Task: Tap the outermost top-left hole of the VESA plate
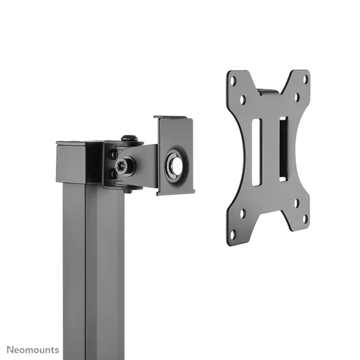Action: (x=233, y=80)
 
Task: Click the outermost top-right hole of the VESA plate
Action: (x=304, y=79)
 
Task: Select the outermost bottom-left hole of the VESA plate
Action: (x=233, y=234)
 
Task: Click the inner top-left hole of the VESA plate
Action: (x=243, y=100)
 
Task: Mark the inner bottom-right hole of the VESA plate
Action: (x=296, y=204)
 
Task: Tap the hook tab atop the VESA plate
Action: (x=267, y=92)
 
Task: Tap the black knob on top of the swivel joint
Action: (x=129, y=139)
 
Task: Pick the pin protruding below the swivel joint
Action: (x=127, y=188)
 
